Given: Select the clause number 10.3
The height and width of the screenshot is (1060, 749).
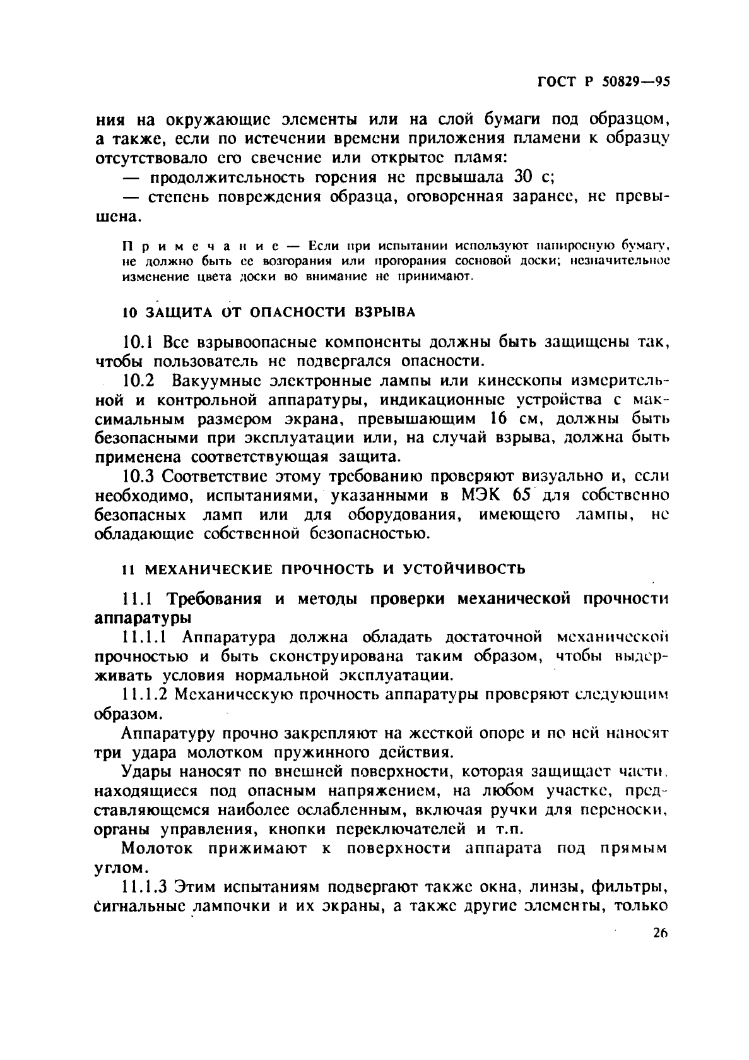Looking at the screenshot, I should click(138, 476).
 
